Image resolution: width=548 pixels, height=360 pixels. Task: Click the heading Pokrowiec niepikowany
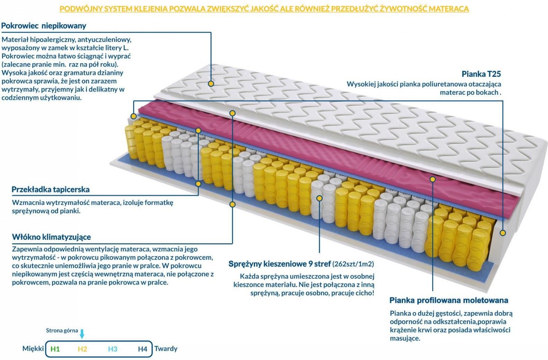coord(44,26)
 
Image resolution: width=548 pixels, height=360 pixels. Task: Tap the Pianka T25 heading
coord(481,74)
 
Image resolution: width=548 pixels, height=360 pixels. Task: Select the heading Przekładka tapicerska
coord(51,190)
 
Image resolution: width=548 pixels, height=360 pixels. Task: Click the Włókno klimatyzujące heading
coord(51,237)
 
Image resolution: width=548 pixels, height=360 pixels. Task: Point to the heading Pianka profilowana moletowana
coord(449,300)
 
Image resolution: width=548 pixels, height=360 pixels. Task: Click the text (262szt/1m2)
coord(353,264)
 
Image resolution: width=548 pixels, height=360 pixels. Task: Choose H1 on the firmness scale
coord(55,349)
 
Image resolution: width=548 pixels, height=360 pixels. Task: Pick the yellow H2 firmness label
coord(82,349)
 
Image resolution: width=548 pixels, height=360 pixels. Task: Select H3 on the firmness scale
coord(113,349)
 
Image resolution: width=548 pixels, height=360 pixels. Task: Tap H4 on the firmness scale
coord(143,349)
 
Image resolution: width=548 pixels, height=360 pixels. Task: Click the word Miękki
coord(33,349)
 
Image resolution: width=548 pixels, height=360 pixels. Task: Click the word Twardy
coord(166,349)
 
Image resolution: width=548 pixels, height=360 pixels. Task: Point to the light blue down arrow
coord(82,334)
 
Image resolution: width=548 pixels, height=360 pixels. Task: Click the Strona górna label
coord(62,331)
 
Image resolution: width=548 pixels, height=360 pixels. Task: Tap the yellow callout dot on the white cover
coord(211,84)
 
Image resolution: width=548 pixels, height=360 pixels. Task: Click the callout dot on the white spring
coord(319,198)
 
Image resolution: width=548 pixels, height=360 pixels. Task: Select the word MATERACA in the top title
coord(449,9)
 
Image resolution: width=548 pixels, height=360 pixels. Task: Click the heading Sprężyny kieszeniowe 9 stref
coord(280,264)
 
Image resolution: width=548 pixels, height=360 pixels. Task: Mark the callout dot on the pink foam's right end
coord(432,180)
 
